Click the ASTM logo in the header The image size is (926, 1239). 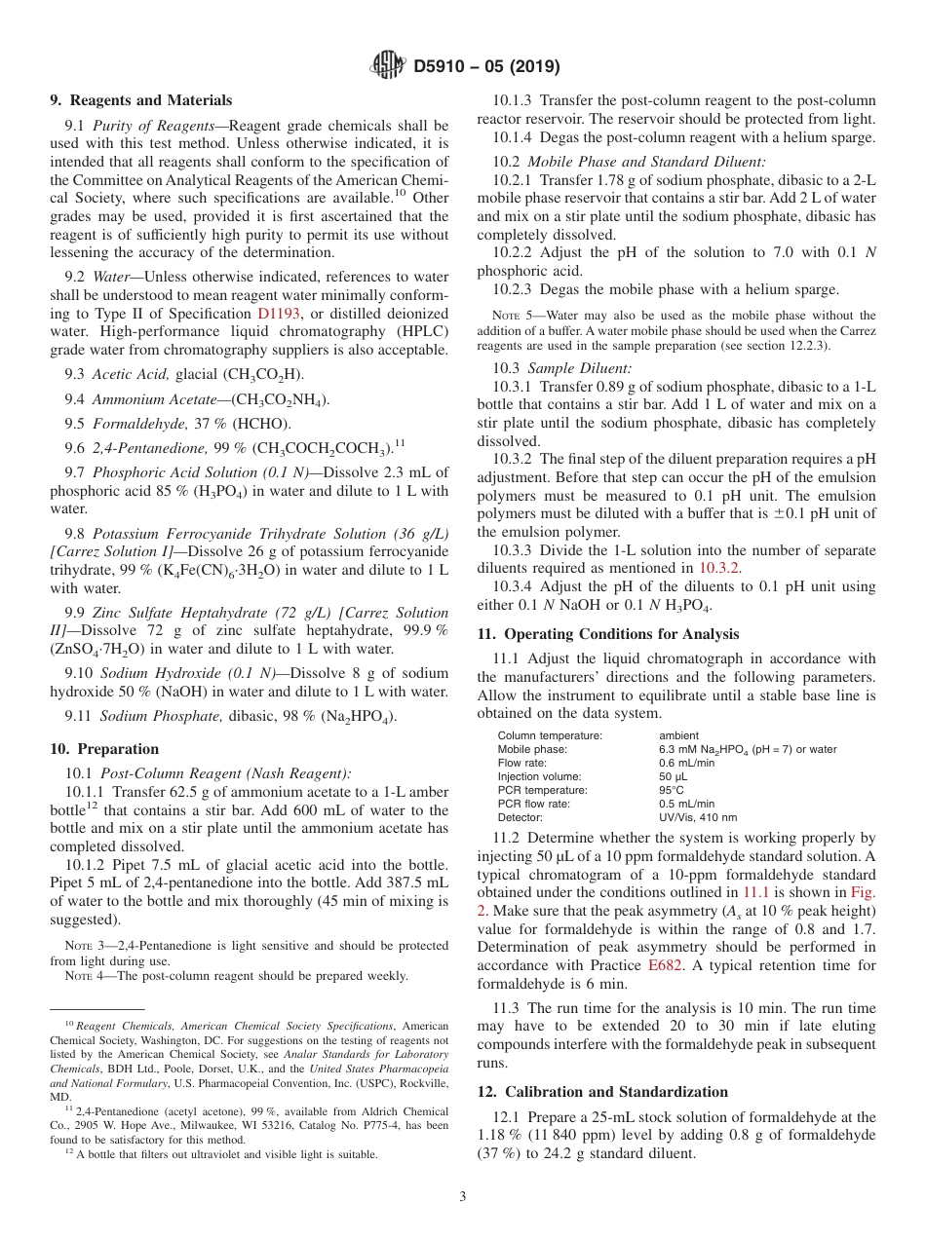(x=389, y=66)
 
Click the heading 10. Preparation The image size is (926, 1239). (x=104, y=749)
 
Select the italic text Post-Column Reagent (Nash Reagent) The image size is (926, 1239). (x=225, y=773)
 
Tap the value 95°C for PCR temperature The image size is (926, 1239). (x=672, y=790)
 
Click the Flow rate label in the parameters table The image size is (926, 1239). (x=522, y=763)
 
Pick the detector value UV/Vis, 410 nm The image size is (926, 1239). (x=698, y=817)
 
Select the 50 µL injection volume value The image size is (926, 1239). (x=673, y=776)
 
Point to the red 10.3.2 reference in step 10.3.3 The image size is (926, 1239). (x=719, y=567)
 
